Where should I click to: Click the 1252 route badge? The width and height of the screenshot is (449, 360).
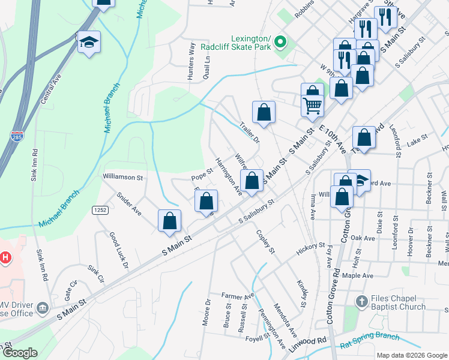coord(100,209)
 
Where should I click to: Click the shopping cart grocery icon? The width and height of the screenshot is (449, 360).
coord(312,106)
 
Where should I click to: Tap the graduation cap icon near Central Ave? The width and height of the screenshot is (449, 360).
coord(89,42)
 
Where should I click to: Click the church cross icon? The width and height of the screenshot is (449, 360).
coord(361,301)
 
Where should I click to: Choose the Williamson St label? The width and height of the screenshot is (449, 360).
coord(122,178)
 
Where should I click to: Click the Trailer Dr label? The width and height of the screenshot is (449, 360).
coord(249,132)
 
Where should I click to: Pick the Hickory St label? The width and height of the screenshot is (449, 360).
coord(310,245)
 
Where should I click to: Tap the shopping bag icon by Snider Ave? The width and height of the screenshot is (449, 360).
coord(170,220)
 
